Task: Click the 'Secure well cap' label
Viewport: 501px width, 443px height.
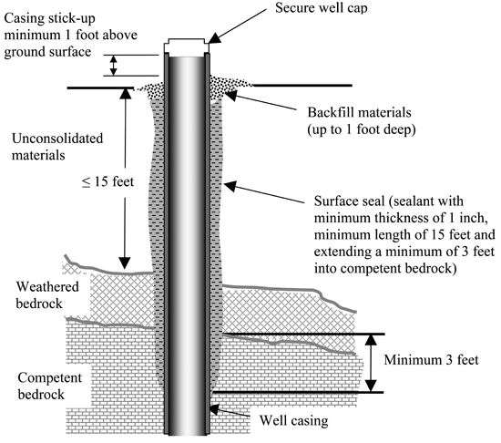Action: point(322,8)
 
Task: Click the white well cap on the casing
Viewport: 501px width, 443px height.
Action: point(187,46)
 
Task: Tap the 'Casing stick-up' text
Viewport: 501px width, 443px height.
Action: point(49,18)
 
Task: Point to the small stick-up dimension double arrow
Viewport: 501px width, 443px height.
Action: point(114,66)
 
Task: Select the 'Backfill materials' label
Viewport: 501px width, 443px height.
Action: point(359,112)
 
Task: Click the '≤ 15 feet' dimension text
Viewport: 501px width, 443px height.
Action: point(107,182)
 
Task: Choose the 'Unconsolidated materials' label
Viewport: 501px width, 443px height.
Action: point(57,147)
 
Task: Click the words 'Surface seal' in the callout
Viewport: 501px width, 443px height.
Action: point(349,201)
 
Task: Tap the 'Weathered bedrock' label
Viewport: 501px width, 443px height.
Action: point(47,295)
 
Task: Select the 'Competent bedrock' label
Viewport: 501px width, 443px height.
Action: point(50,386)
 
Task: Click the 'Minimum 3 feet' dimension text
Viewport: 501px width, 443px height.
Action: point(432,360)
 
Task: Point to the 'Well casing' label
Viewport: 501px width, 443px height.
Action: point(293,420)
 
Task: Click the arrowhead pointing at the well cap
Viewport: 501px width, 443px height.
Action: point(215,37)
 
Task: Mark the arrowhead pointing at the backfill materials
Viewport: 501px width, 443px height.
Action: point(231,95)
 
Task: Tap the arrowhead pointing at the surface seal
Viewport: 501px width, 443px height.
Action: point(230,186)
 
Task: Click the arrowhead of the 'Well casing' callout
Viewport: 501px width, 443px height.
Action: point(213,409)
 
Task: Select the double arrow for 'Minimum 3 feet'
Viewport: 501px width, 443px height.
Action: point(371,363)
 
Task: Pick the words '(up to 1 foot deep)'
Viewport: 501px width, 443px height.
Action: point(362,129)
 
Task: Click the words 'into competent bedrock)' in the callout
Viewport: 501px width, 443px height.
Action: point(385,269)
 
